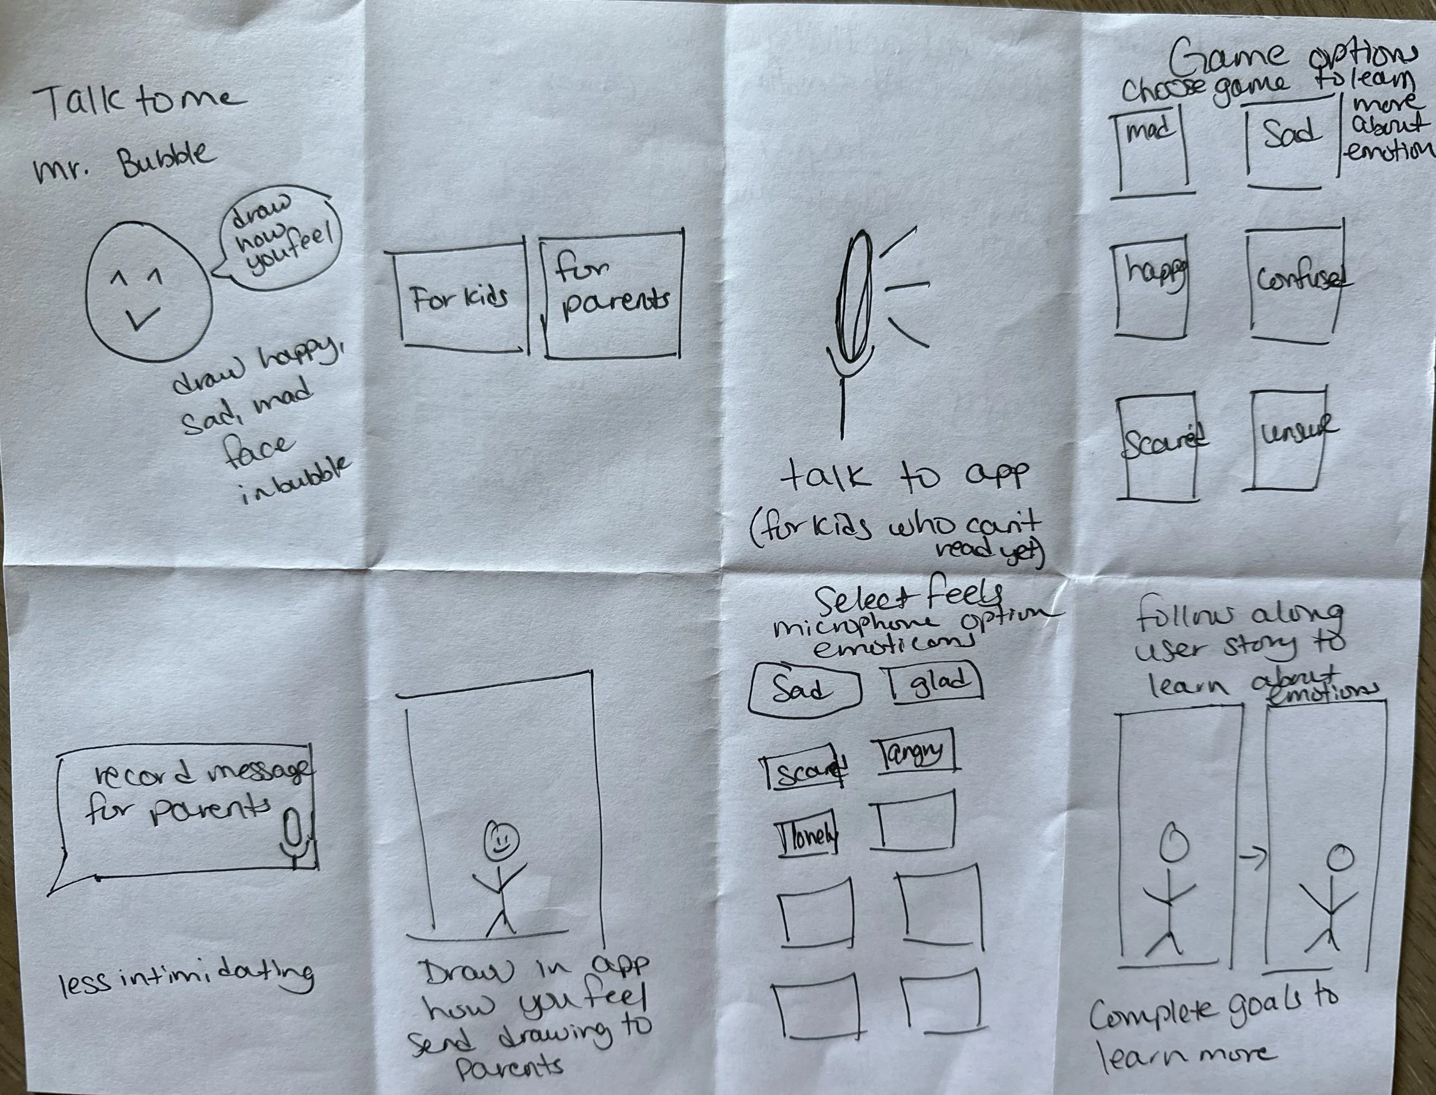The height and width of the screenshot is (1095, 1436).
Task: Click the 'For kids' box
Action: coord(461,299)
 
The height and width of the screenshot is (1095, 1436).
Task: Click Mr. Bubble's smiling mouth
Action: coord(141,318)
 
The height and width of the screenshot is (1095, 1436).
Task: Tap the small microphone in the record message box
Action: coord(295,838)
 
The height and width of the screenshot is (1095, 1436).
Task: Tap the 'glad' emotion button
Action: coord(936,682)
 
